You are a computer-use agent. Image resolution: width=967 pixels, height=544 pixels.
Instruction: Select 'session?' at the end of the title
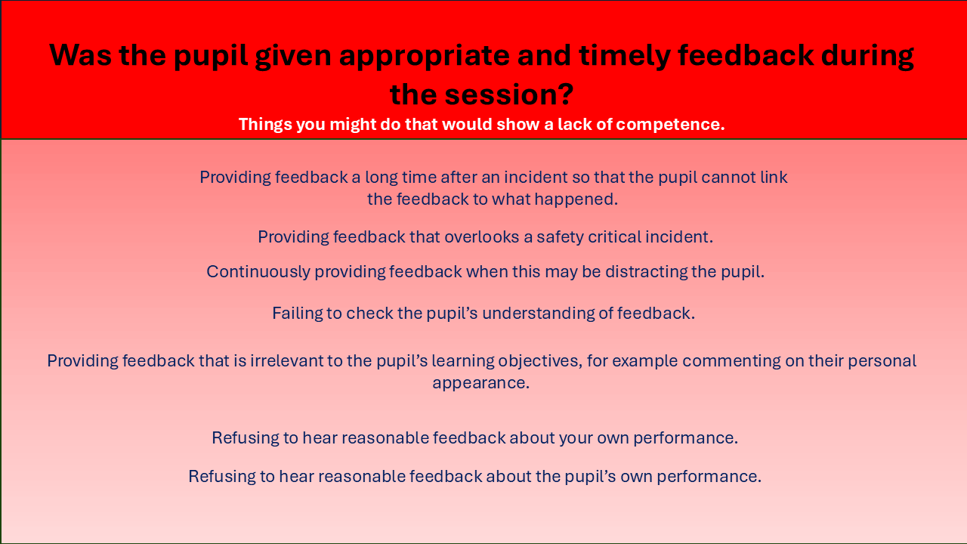tap(509, 94)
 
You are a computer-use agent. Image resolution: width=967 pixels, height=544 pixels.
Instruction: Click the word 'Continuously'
tap(258, 271)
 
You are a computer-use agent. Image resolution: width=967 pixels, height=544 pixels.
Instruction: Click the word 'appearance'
tap(481, 383)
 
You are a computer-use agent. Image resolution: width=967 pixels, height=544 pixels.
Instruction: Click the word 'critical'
tap(614, 236)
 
